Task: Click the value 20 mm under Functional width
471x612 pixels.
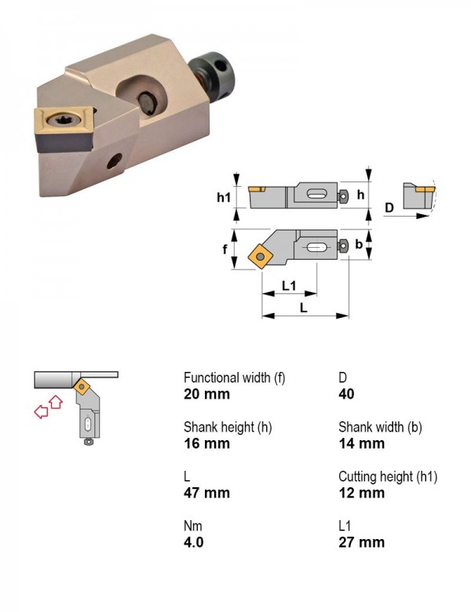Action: [206, 394]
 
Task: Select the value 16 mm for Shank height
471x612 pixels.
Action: [206, 443]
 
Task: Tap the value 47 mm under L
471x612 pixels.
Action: [206, 493]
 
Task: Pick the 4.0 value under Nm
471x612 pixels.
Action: [194, 542]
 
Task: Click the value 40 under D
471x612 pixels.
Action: [346, 394]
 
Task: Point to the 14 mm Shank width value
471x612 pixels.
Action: [362, 443]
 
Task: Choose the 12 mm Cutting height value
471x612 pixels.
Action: [362, 493]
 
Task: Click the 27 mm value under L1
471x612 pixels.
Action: [362, 542]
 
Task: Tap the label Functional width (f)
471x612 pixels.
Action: [235, 378]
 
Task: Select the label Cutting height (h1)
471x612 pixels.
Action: [388, 476]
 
